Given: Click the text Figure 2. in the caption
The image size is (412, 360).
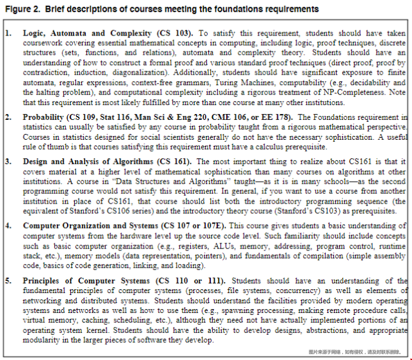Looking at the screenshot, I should click(19, 9).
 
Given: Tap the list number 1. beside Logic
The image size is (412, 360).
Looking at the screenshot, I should click(8, 33).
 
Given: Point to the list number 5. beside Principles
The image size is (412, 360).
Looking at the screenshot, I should click(8, 281).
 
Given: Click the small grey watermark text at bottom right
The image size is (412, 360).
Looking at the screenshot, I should click(357, 352).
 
